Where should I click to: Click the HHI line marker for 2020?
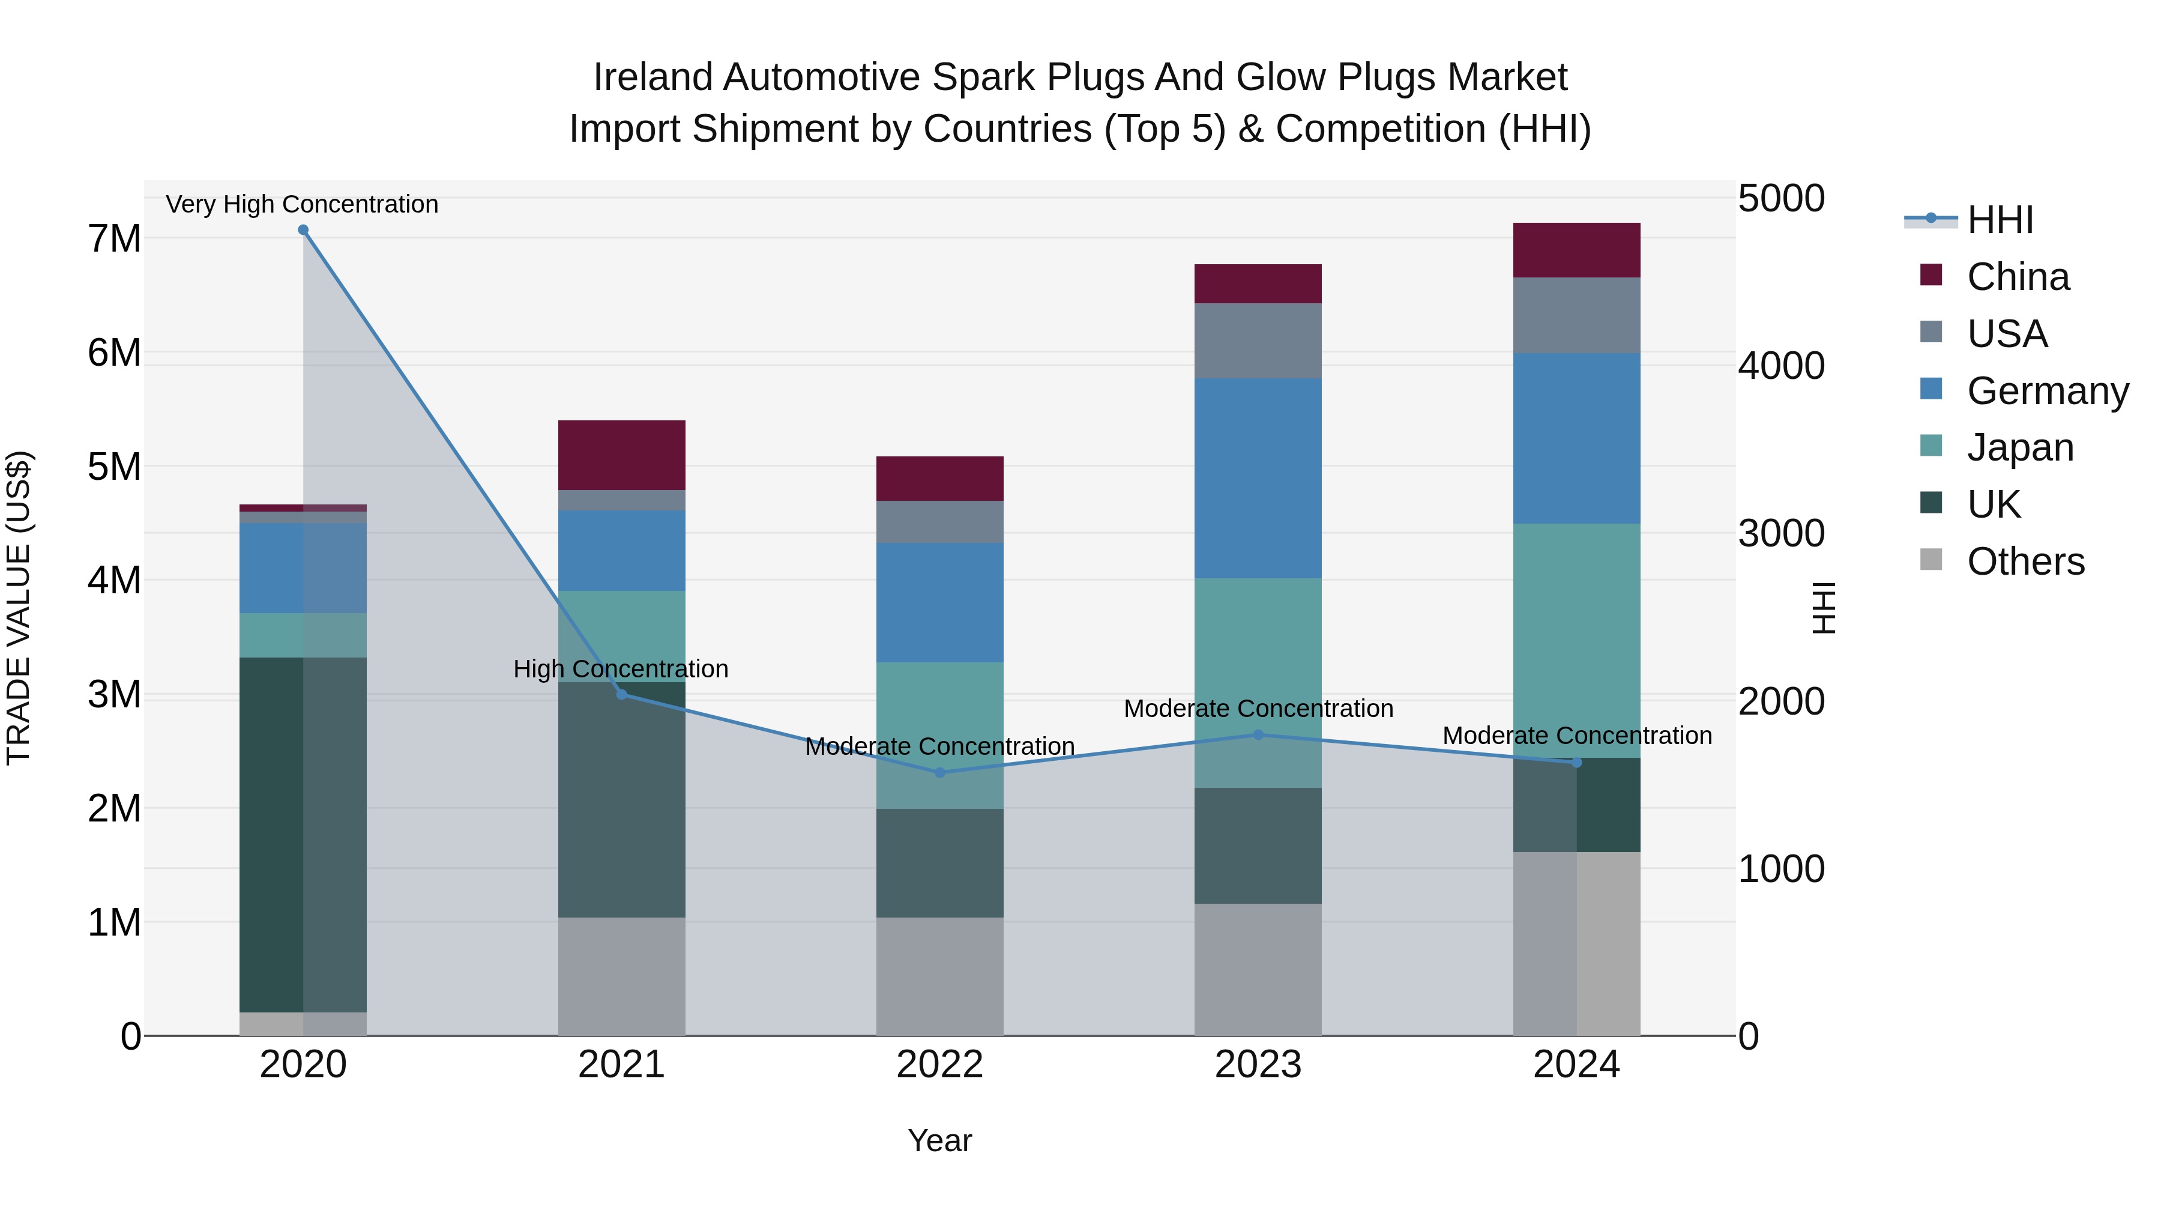click(303, 230)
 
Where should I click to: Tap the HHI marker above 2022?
click(939, 773)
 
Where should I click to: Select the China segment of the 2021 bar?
click(622, 455)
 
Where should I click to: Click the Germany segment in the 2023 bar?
click(1258, 479)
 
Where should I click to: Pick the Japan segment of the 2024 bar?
click(1576, 640)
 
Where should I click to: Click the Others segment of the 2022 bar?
click(939, 976)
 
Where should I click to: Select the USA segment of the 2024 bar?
click(1576, 315)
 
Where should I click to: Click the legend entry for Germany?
click(2047, 391)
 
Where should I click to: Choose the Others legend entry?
click(2025, 561)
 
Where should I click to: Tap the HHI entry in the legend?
click(2000, 220)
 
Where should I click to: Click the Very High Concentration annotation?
click(302, 204)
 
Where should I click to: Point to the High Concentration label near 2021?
click(621, 669)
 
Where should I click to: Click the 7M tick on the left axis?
click(114, 239)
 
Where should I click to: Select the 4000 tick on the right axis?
click(1780, 366)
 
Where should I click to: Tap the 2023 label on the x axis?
click(1258, 1064)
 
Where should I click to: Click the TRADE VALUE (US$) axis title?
click(19, 608)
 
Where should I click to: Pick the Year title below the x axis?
click(939, 1140)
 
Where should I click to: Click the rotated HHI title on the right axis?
click(1824, 608)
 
